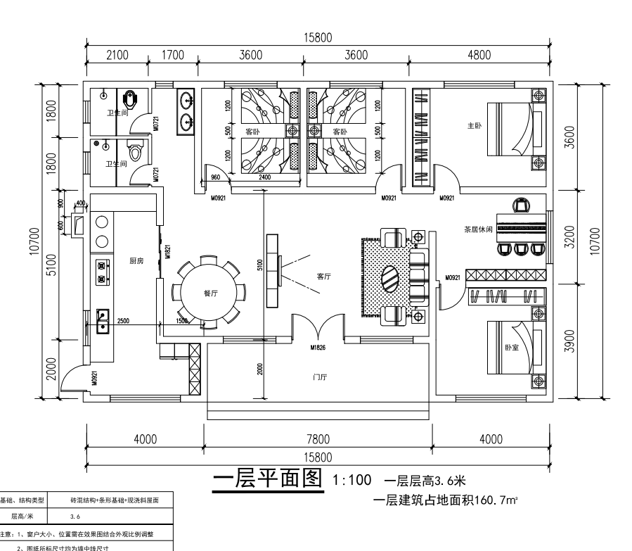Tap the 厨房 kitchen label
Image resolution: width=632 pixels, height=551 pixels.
(x=136, y=260)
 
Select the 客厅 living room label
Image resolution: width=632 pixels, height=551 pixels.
(x=323, y=277)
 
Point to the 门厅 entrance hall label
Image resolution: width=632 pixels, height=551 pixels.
(x=319, y=377)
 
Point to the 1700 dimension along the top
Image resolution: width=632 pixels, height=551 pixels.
(x=173, y=56)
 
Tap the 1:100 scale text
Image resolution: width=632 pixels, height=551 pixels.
(x=351, y=481)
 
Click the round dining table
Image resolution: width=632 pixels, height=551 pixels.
(x=209, y=292)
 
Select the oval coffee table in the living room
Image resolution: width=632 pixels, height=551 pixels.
(x=391, y=277)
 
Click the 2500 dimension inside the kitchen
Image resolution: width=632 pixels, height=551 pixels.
(x=123, y=321)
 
